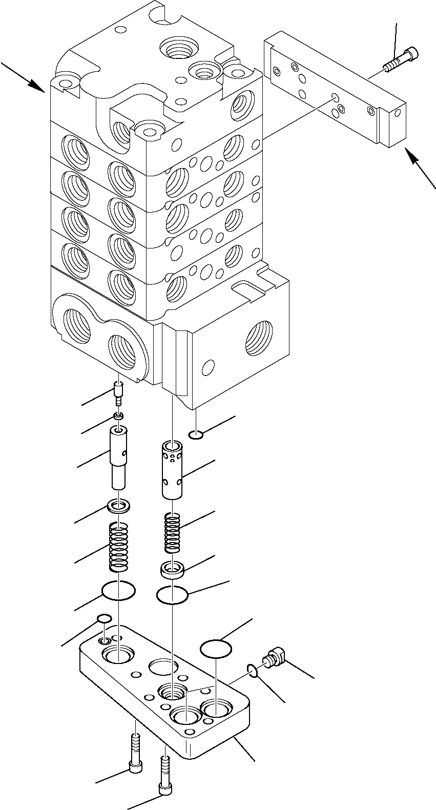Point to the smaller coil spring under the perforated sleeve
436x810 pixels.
[173, 533]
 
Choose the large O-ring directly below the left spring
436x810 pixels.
[118, 591]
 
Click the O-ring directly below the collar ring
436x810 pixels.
[173, 595]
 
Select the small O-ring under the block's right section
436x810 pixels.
[195, 435]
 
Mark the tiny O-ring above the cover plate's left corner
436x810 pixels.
[104, 618]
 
